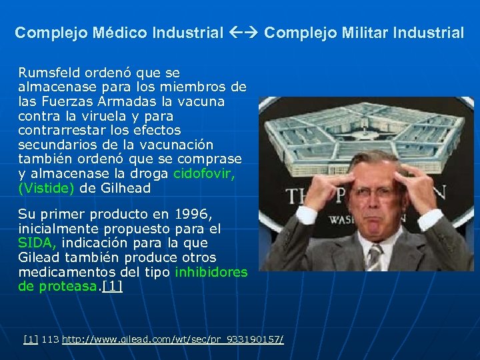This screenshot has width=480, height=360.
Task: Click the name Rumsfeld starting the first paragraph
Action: (47, 72)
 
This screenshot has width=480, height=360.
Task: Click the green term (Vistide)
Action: (46, 188)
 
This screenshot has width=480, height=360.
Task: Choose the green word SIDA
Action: (36, 243)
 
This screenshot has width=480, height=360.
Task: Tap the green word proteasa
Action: (68, 287)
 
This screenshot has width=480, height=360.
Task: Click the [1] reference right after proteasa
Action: (113, 287)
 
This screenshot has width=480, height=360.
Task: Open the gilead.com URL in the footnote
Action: (173, 340)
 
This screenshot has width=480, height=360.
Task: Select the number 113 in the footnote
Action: (50, 340)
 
